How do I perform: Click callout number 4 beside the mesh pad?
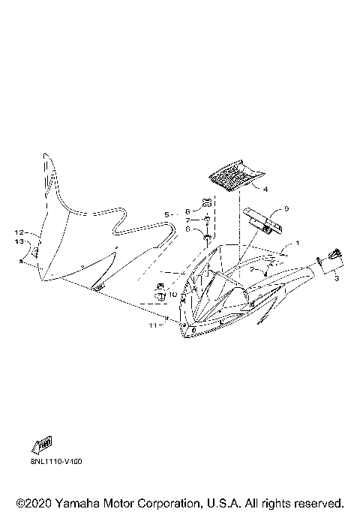(265, 190)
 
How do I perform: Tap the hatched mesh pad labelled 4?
(235, 175)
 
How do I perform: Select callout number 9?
(286, 208)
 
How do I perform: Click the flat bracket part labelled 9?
(263, 220)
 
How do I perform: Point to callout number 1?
(297, 244)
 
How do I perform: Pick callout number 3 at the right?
(337, 279)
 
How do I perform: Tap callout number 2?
(253, 268)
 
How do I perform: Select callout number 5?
(166, 215)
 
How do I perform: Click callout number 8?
(187, 202)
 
